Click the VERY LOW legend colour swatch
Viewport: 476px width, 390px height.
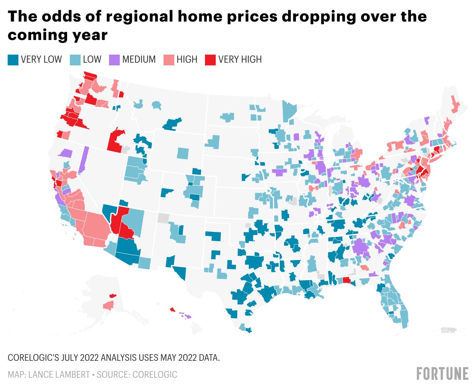tap(13, 60)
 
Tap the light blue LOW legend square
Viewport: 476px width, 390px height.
tap(75, 60)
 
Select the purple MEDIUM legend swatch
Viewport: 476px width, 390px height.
tap(114, 60)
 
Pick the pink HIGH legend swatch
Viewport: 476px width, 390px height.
tap(169, 60)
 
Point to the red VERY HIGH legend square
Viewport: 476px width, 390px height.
tap(210, 60)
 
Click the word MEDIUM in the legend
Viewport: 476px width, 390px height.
tap(139, 60)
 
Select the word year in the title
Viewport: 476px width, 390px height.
tap(90, 35)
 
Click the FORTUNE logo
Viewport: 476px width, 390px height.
tap(443, 373)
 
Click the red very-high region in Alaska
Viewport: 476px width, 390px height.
tap(112, 296)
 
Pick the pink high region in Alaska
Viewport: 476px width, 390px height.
tap(109, 305)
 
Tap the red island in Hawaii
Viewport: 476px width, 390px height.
tap(173, 309)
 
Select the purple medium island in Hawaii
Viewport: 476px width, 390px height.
tap(187, 317)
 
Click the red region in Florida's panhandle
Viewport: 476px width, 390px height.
tap(347, 280)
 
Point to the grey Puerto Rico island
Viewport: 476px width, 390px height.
tap(449, 330)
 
